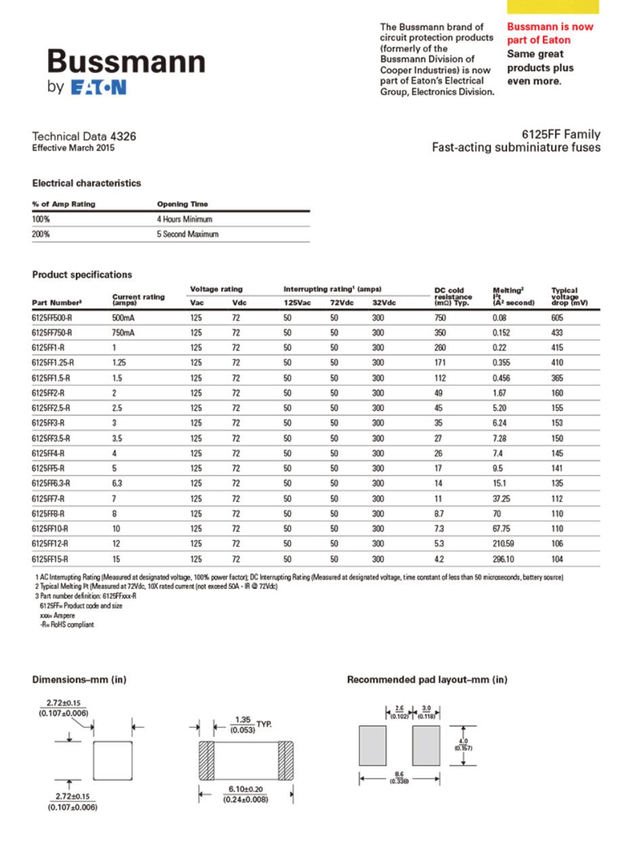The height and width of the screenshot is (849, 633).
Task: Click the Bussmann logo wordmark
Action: click(126, 62)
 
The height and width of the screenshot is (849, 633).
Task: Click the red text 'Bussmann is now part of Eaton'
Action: click(549, 33)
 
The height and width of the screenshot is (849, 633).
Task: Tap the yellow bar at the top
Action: click(552, 6)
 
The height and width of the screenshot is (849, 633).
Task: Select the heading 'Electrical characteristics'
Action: click(87, 183)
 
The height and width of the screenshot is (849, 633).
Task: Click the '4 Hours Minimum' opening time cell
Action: click(184, 219)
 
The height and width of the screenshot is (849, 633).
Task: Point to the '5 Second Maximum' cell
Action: click(188, 234)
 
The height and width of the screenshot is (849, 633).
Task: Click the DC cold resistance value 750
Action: click(440, 318)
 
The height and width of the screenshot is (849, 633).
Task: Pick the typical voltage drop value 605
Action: click(558, 318)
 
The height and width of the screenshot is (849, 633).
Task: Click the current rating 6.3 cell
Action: click(117, 483)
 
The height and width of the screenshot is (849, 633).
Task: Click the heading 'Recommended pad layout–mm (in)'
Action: click(427, 679)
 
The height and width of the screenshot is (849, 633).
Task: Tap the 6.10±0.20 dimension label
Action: click(245, 789)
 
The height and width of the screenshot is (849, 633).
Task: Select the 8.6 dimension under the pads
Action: click(399, 776)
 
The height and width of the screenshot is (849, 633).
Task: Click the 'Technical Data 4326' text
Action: click(84, 136)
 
